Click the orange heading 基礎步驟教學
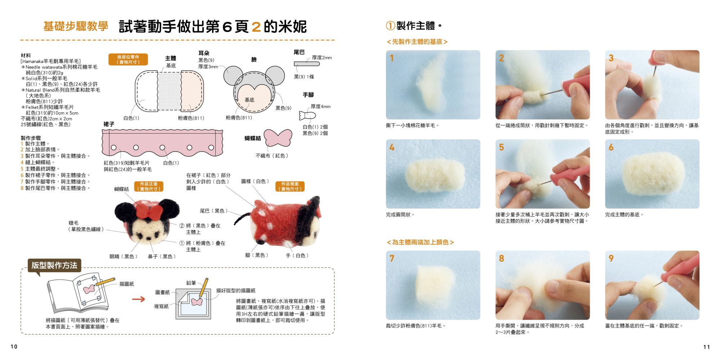[x=76, y=26]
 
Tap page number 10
[x=14, y=347]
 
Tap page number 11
[x=706, y=347]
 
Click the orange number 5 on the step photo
[x=501, y=147]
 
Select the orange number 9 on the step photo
[x=611, y=258]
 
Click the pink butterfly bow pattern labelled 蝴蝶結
[x=278, y=138]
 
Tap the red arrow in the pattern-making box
[x=139, y=299]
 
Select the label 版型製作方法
[x=54, y=265]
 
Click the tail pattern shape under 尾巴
[x=306, y=64]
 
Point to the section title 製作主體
[x=415, y=26]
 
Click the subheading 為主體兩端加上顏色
[x=420, y=242]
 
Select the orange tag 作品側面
[x=290, y=186]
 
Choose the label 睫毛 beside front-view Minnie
[x=73, y=223]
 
